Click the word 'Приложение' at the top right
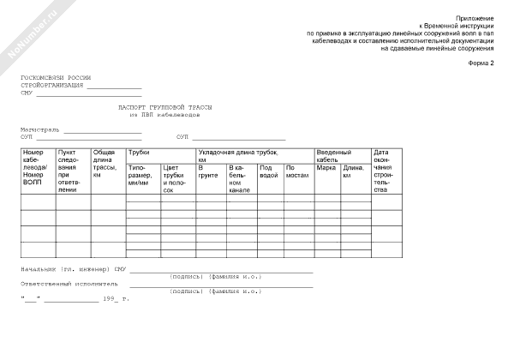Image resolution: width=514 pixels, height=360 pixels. click(x=478, y=17)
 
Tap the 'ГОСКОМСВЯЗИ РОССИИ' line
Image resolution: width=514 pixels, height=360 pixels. click(x=56, y=77)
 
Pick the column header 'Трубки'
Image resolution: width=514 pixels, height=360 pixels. click(x=139, y=152)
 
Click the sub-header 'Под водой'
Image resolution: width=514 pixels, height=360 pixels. click(x=267, y=171)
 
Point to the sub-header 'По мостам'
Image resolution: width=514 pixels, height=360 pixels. click(x=296, y=171)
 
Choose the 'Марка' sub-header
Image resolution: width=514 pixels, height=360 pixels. click(x=326, y=168)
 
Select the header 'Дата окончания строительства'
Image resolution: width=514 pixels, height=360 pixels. click(x=382, y=171)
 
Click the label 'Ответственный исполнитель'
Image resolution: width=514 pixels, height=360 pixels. click(x=69, y=282)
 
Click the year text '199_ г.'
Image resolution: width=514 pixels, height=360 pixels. click(x=115, y=298)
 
